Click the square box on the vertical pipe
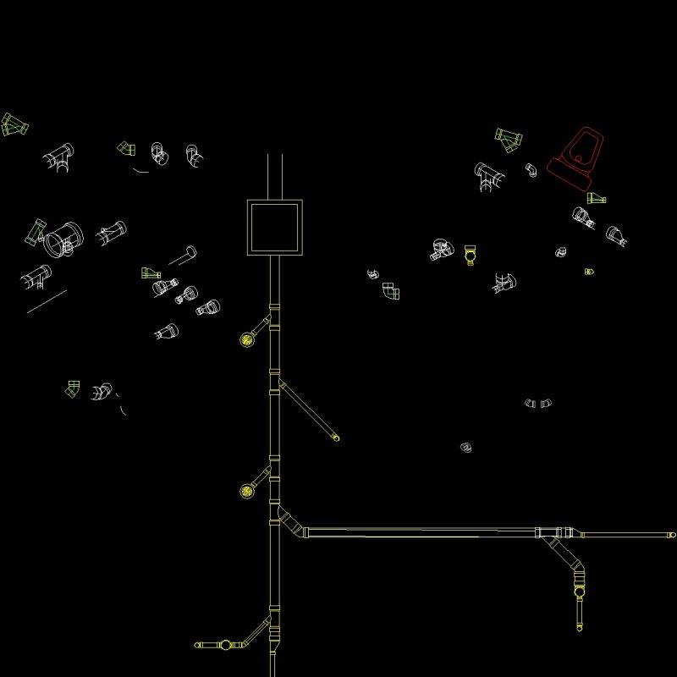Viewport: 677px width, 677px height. coord(274,228)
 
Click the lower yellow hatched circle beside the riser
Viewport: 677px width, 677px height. coord(246,490)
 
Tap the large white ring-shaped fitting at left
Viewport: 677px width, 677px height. coord(63,239)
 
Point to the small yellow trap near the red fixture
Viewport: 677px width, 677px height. coord(471,254)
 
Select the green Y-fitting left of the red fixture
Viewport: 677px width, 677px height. coord(509,139)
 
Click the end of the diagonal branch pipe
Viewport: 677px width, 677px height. coord(335,438)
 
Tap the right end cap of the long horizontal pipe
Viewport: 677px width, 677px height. coord(672,535)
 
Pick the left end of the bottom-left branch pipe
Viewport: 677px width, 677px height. coord(197,645)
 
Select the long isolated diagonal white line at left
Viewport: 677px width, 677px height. coord(47,301)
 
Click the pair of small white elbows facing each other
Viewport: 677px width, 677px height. coord(537,404)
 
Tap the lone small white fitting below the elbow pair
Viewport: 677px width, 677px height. coord(465,447)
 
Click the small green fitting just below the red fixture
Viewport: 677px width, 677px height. coord(597,199)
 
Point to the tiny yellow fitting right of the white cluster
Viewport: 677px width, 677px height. coord(589,272)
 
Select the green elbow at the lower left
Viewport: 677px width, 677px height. coord(73,388)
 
